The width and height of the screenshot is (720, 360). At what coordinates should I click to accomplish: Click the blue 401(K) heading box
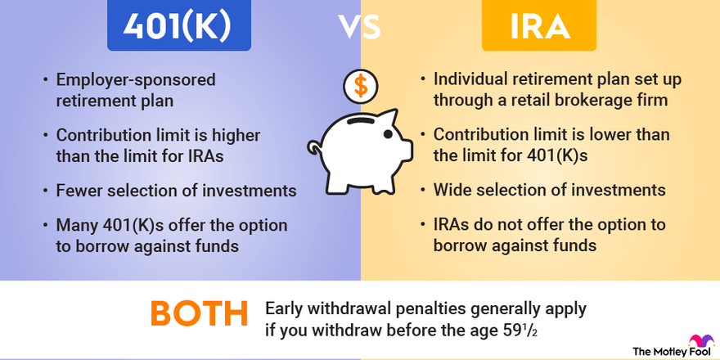pyautogui.click(x=179, y=27)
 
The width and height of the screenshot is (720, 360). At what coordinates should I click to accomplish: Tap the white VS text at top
pyautogui.click(x=360, y=27)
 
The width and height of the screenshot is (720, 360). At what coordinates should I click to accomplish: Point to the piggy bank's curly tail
pyautogui.click(x=313, y=148)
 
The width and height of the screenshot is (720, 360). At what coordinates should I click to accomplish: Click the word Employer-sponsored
pyautogui.click(x=135, y=80)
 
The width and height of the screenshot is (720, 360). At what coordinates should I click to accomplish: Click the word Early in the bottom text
pyautogui.click(x=285, y=309)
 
